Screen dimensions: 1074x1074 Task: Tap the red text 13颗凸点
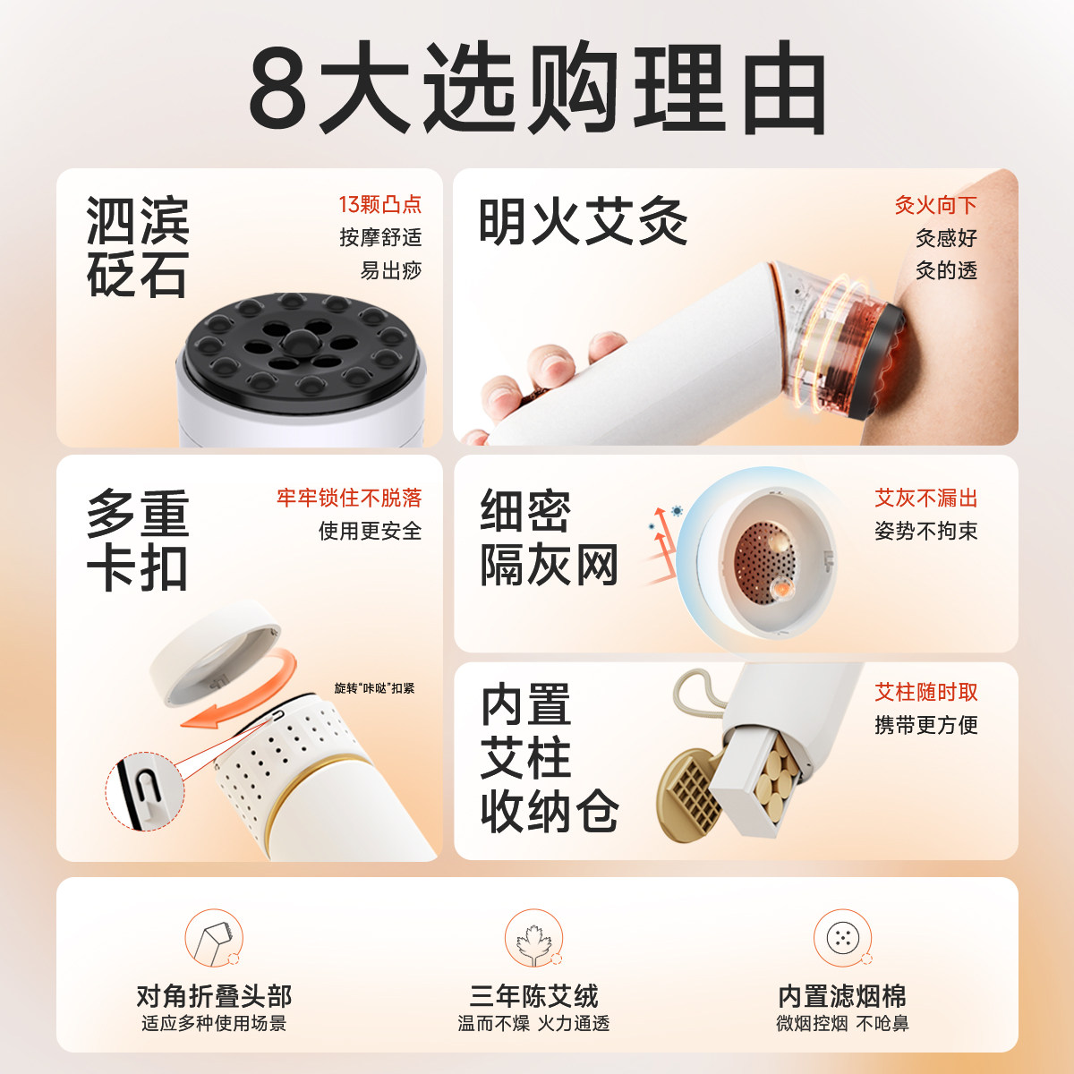[379, 205]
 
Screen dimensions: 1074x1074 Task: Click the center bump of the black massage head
[299, 341]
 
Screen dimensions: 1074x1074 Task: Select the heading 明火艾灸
[583, 222]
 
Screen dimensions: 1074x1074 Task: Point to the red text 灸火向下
[935, 206]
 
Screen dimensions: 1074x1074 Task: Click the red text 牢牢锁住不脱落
[349, 498]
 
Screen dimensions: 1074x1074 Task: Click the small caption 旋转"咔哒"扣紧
[374, 688]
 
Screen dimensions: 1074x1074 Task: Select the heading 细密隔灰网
[549, 538]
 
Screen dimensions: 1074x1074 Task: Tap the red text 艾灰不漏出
[925, 499]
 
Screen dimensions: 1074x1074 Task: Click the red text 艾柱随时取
[925, 692]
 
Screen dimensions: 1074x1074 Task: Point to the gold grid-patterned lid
[690, 796]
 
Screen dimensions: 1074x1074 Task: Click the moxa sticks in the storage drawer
[774, 775]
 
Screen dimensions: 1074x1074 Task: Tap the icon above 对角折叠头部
[214, 939]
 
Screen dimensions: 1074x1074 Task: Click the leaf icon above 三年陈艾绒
[533, 939]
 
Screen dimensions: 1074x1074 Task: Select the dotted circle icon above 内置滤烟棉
[842, 938]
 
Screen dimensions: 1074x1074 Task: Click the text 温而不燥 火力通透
[533, 1024]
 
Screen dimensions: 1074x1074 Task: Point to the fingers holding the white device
[537, 376]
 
